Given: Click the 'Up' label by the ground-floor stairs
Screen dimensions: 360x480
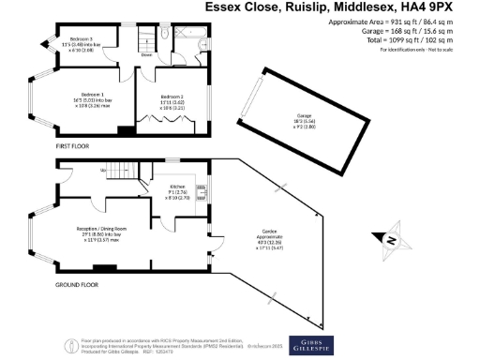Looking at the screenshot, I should (102, 171).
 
